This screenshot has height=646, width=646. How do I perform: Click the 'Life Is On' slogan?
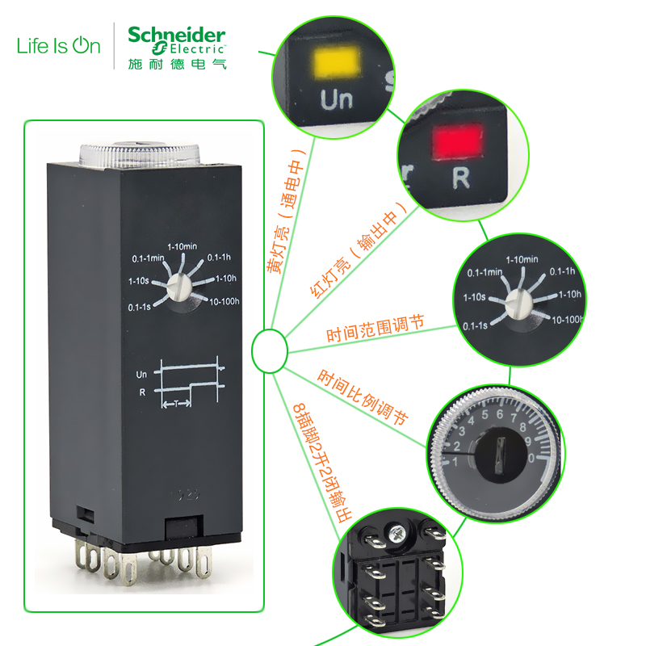point(59,45)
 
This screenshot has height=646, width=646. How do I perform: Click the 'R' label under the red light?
point(460,178)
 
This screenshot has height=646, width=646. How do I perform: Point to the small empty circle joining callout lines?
point(270,350)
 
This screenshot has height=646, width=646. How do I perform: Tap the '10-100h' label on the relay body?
point(227,301)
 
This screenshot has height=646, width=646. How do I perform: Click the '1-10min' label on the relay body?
point(182,246)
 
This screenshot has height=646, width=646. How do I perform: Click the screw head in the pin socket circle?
point(396,534)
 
